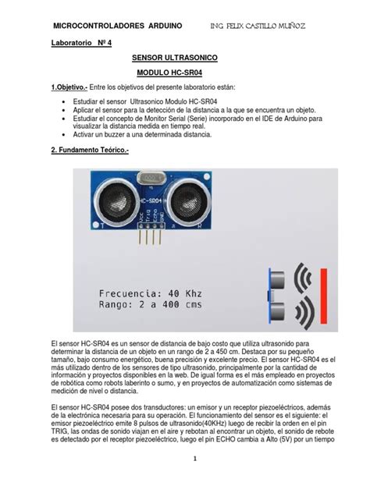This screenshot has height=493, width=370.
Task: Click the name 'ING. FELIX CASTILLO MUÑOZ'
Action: [x=263, y=26]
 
